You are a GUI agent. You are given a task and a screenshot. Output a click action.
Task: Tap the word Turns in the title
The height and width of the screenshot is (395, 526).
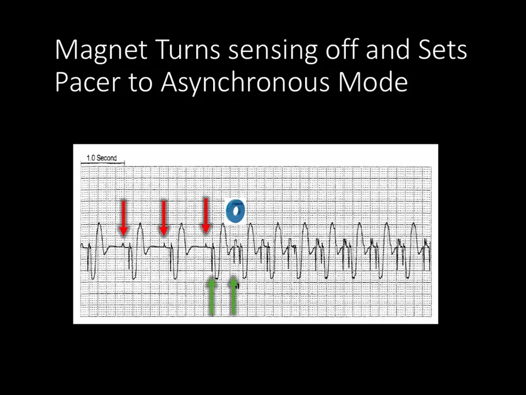tap(188, 50)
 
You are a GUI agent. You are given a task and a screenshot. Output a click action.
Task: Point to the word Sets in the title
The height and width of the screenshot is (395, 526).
tap(443, 50)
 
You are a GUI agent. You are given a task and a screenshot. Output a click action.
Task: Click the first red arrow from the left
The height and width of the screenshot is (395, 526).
tap(123, 218)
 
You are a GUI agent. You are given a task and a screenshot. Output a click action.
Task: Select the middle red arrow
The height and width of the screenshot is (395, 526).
tap(163, 218)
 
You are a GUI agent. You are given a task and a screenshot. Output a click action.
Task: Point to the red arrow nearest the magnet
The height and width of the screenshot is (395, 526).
tap(206, 216)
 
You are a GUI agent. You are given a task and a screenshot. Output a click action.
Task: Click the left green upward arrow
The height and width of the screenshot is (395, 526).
tap(211, 296)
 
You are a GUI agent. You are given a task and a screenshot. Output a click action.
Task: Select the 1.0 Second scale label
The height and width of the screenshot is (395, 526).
tap(102, 158)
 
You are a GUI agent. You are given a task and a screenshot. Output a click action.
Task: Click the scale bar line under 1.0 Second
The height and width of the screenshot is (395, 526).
tap(102, 163)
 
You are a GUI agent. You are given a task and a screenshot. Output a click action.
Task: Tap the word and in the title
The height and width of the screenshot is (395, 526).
tap(388, 50)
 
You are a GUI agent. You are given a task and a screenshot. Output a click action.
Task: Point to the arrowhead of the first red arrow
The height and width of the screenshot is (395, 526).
tap(123, 231)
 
